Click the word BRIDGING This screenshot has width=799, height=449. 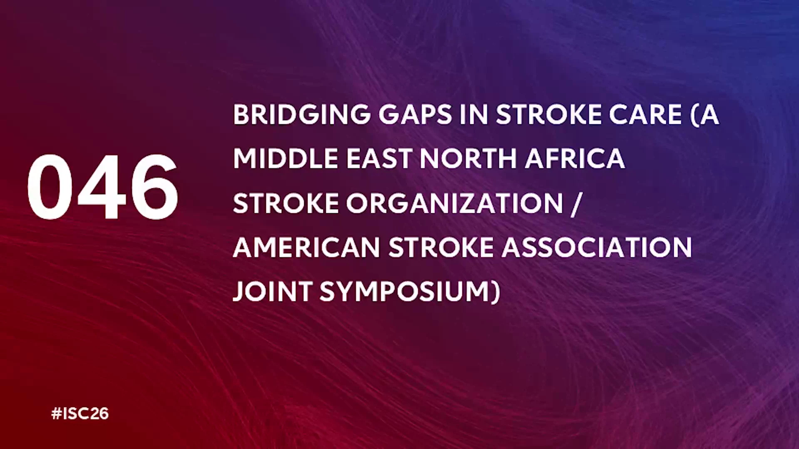click(302, 115)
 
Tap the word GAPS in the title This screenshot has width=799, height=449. click(415, 115)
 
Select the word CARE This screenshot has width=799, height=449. click(645, 115)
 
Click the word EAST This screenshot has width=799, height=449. click(379, 159)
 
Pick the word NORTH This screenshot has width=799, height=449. click(468, 159)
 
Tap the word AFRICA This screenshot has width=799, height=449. click(575, 159)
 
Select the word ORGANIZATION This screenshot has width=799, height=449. click(454, 203)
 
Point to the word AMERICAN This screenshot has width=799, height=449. click(306, 248)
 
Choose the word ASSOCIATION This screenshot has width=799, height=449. click(597, 248)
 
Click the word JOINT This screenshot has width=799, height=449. click(272, 291)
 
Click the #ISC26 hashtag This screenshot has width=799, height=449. click(80, 414)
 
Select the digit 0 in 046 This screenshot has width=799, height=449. click(50, 187)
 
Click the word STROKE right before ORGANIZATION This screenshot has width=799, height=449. click(285, 203)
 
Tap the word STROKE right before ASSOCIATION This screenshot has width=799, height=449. click(441, 248)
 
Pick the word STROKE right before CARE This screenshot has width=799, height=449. click(548, 115)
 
